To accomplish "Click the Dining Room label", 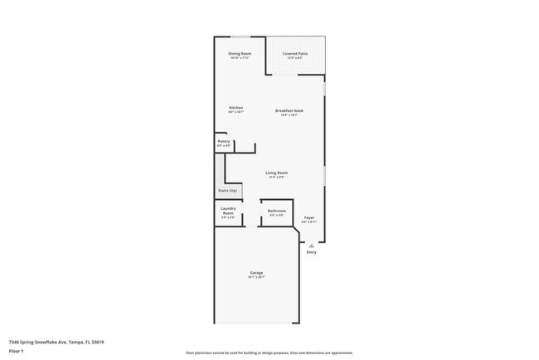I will (x=240, y=54).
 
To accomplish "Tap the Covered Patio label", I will (x=294, y=54).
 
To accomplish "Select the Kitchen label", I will (x=236, y=108).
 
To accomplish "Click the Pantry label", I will (x=224, y=141).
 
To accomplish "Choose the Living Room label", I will (x=276, y=173).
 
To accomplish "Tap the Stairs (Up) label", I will (x=227, y=191).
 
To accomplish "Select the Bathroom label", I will (x=277, y=211).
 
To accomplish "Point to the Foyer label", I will (x=308, y=218).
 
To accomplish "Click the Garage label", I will (x=257, y=273).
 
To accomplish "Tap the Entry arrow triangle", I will (x=311, y=246).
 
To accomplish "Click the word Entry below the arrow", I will (x=311, y=252).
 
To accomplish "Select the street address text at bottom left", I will (x=56, y=342).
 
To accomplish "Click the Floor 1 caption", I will (x=16, y=351).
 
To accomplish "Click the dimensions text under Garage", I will (x=257, y=278).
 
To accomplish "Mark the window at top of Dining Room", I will (x=240, y=37).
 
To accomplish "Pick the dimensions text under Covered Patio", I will (x=294, y=58).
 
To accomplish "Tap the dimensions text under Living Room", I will (x=276, y=177).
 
